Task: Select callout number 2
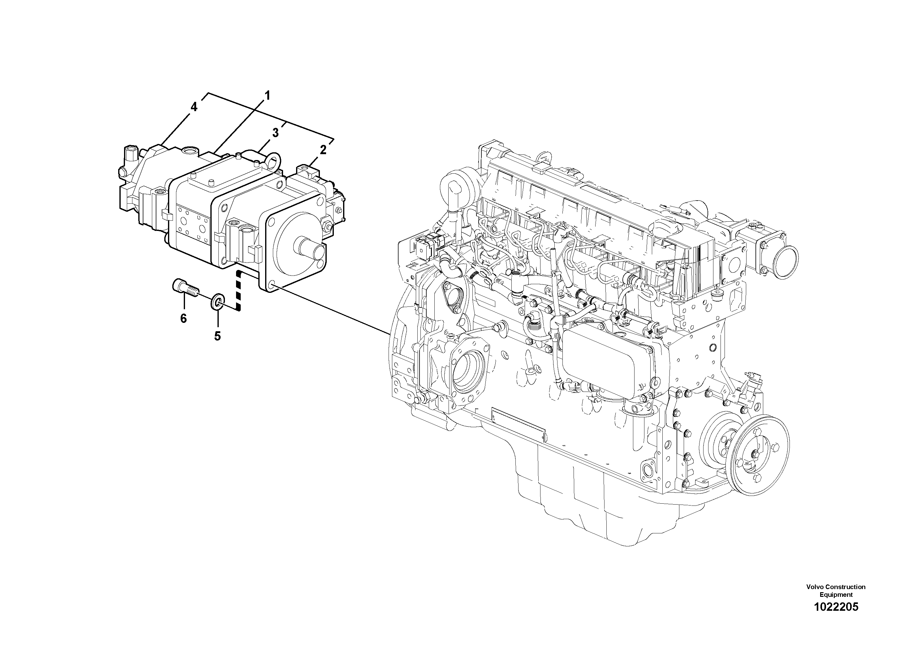click(x=323, y=150)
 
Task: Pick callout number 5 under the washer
click(x=217, y=336)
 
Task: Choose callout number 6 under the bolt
click(x=183, y=319)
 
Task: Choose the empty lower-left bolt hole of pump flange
click(x=270, y=286)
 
